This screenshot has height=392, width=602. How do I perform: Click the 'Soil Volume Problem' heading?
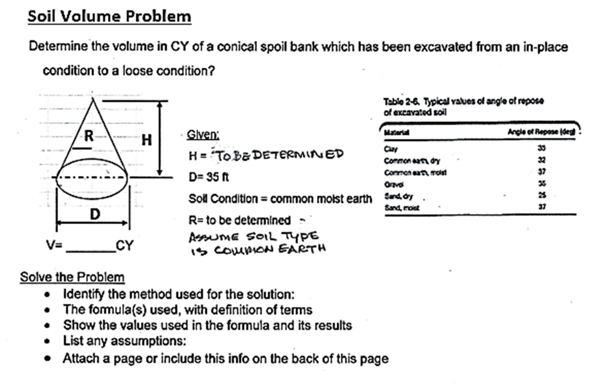tap(109, 16)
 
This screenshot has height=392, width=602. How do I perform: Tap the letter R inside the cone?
tap(88, 136)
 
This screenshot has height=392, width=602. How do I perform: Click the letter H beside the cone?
tap(147, 140)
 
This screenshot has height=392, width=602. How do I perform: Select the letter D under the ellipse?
tap(95, 215)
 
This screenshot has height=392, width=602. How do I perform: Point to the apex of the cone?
tap(93, 98)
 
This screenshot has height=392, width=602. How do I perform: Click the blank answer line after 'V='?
tap(91, 250)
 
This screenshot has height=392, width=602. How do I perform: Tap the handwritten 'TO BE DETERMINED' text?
tap(279, 155)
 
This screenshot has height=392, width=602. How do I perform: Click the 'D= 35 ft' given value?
tap(208, 177)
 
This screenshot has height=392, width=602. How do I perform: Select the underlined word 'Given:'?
tap(203, 135)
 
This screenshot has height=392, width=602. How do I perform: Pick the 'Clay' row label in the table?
tap(390, 149)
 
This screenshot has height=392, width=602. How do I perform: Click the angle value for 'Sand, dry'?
tap(542, 195)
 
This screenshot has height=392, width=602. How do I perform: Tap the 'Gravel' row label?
tap(394, 184)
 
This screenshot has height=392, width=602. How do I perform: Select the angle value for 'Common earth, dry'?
tap(542, 160)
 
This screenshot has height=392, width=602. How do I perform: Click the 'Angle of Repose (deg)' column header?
tap(541, 132)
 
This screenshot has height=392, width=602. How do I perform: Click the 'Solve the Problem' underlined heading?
tap(72, 277)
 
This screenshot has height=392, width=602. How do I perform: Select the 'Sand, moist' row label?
tap(402, 207)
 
